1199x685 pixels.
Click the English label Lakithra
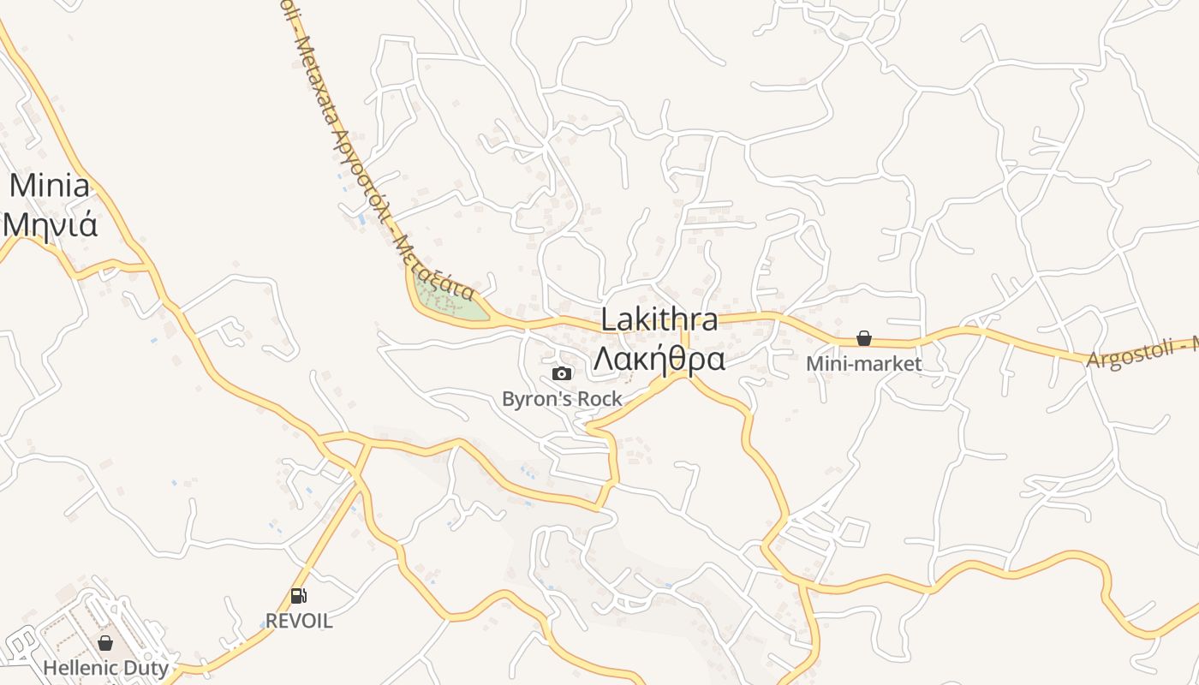tap(659, 319)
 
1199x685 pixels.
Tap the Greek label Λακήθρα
tap(659, 359)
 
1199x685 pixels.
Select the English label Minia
tap(50, 186)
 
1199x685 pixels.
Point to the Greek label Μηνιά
tap(50, 224)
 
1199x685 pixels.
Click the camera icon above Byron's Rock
tap(562, 373)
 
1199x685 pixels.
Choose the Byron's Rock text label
tap(562, 398)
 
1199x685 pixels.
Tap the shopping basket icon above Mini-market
tap(864, 338)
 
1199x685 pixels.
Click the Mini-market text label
tap(864, 363)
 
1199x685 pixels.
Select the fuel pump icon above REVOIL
tap(298, 596)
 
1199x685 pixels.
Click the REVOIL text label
tap(298, 621)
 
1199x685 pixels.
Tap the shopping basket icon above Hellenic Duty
tap(105, 642)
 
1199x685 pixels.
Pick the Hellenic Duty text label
tap(105, 667)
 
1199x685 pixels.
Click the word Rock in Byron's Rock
tap(599, 398)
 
